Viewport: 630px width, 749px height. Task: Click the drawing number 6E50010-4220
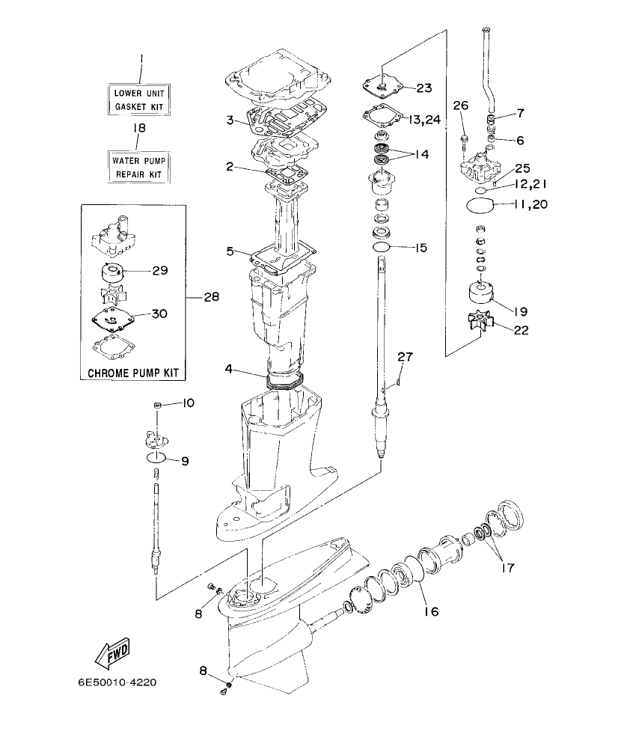117,682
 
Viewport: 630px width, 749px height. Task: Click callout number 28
210,297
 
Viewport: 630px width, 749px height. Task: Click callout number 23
423,88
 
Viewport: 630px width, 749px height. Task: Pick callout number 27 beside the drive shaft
405,357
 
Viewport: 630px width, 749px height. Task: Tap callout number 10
187,403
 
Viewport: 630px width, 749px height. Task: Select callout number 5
230,251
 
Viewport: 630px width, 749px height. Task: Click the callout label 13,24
426,119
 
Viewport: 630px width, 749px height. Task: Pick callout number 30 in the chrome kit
159,314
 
